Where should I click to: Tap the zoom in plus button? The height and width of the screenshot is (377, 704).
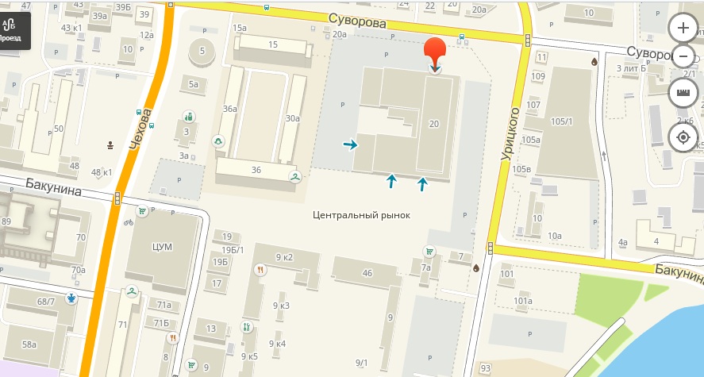pos(683,29)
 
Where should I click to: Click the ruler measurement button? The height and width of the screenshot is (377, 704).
pos(683,93)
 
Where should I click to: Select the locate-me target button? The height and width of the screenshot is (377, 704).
pos(683,137)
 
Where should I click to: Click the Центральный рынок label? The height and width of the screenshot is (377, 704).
pos(361,214)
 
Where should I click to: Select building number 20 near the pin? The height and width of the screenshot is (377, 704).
pos(433,124)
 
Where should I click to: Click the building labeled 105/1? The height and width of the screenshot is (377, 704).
pos(561,121)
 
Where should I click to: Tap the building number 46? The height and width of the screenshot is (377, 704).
pos(367,273)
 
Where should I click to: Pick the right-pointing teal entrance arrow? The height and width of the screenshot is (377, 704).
pos(349,144)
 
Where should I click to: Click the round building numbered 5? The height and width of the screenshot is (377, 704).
pos(202,52)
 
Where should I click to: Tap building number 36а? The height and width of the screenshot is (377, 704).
pos(230,109)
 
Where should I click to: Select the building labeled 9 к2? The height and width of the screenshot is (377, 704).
pos(284,257)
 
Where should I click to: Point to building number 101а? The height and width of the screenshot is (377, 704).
pos(522,301)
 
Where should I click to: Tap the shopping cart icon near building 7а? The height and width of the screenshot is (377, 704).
pos(429,252)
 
